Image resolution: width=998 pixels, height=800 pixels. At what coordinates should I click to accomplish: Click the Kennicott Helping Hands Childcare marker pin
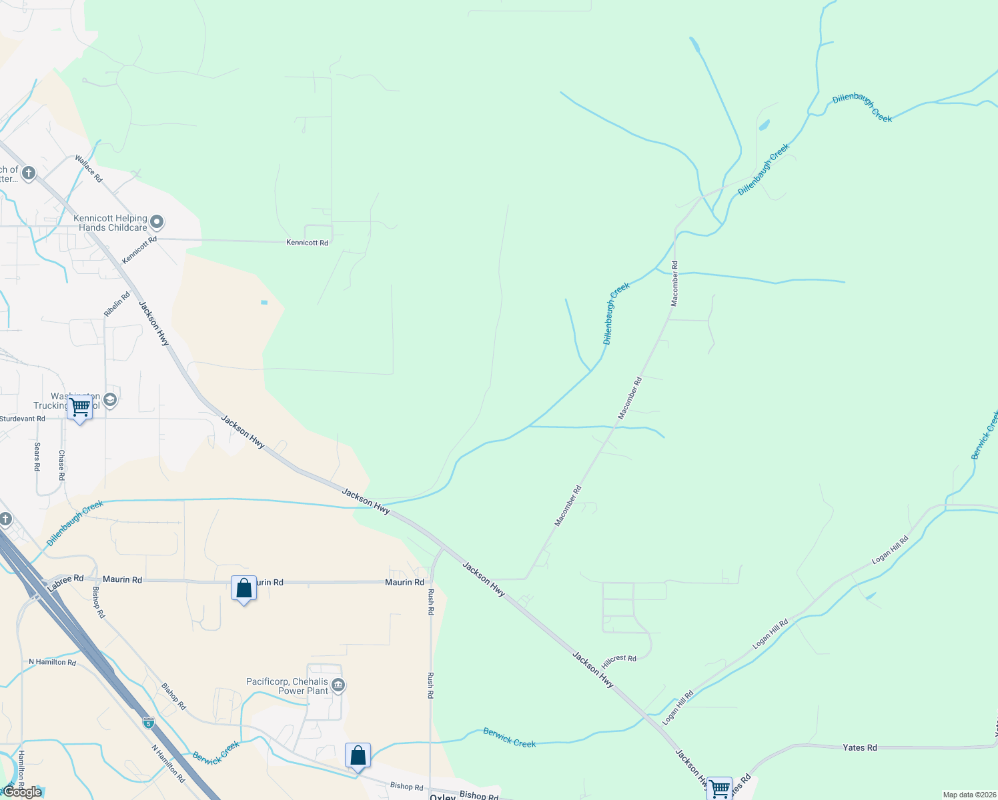pos(157,221)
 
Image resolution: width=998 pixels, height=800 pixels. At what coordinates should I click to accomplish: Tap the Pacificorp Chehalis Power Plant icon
pos(338,685)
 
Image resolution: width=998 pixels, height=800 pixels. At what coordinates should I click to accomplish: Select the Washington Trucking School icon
pos(111,400)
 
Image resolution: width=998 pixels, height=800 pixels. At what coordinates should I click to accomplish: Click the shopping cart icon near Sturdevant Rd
pos(80,407)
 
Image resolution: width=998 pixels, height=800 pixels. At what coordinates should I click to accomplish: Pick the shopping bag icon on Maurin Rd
pos(243,589)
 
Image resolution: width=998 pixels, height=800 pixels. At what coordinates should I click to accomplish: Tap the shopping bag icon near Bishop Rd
pos(358,756)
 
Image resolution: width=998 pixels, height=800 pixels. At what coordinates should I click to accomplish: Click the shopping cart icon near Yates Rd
pos(720,789)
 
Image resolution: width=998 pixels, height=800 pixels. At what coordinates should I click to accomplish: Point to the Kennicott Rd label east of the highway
pos(307,243)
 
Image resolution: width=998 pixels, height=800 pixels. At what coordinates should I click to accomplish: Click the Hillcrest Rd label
pos(619,659)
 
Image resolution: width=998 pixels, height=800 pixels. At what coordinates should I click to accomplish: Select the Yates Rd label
pos(860,748)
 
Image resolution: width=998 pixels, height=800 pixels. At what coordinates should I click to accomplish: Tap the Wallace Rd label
pos(89,169)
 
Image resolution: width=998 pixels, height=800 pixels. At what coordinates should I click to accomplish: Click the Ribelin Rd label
pos(117,304)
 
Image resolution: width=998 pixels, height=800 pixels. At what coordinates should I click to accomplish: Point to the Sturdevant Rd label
pos(23,419)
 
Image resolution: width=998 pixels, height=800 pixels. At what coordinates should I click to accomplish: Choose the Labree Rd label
pos(65,582)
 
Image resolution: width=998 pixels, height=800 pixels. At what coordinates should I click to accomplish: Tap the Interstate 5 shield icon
pos(148,723)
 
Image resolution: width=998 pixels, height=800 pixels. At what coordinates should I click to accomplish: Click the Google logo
pos(22,792)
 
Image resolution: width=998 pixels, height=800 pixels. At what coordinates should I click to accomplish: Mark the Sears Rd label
pos(37,457)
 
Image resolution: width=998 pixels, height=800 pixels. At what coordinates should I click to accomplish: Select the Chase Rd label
pos(61,465)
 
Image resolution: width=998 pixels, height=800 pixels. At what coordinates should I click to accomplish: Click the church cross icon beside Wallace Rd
pos(28,174)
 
